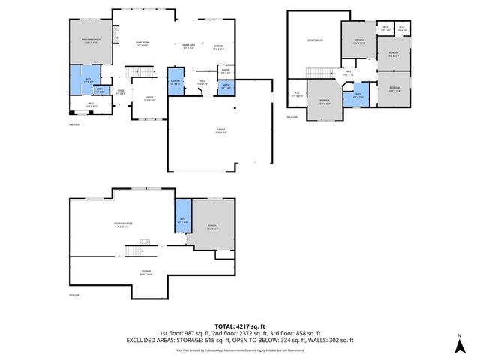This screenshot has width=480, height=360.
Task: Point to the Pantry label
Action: pyautogui.click(x=225, y=71)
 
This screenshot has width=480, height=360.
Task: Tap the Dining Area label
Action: pyautogui.click(x=189, y=45)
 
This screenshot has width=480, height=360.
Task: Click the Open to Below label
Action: pyautogui.click(x=315, y=40)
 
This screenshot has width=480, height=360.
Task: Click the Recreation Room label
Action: pyautogui.click(x=124, y=223)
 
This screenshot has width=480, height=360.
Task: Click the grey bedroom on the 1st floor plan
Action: pyautogui.click(x=213, y=227)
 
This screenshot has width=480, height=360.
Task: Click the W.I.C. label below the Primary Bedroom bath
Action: pyautogui.click(x=91, y=105)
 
